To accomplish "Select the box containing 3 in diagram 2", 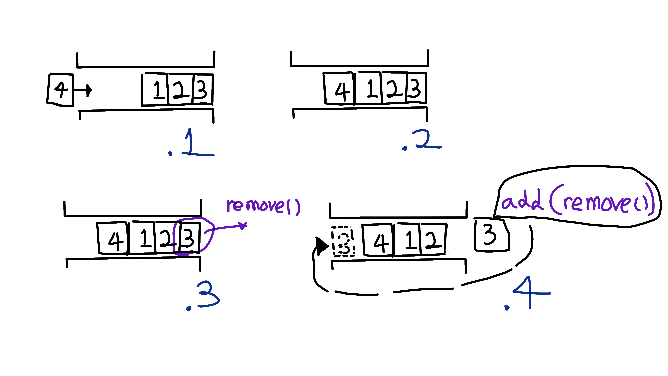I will click(416, 88).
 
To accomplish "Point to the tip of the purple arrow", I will click(244, 225).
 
